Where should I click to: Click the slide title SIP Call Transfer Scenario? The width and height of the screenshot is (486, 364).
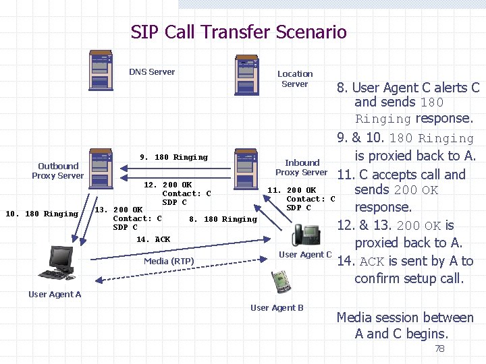click(x=238, y=32)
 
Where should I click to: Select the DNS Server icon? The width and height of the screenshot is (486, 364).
click(x=101, y=69)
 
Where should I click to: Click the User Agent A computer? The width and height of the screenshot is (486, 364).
click(x=60, y=264)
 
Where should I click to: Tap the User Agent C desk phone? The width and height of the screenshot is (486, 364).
click(x=306, y=236)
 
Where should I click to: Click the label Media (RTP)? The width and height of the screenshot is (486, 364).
click(x=169, y=262)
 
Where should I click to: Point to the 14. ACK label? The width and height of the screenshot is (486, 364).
click(x=153, y=239)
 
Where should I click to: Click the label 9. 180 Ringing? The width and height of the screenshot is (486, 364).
click(x=173, y=157)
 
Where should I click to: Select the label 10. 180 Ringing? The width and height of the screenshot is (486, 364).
click(x=42, y=214)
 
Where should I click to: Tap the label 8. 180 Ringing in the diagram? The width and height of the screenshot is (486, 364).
click(x=223, y=219)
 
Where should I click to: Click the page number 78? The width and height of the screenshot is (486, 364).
click(x=439, y=348)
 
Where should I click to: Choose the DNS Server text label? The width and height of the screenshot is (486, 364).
click(x=152, y=72)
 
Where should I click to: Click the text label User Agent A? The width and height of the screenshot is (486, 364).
click(x=55, y=294)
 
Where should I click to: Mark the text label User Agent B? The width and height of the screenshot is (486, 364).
click(x=277, y=308)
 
